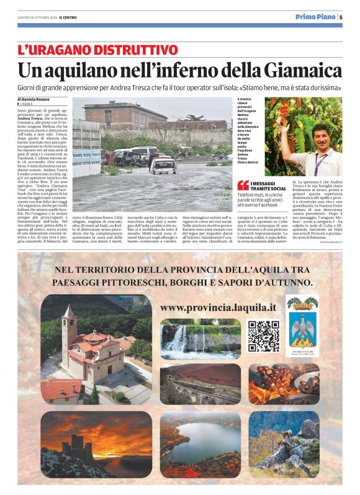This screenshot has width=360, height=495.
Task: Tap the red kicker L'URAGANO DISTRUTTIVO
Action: (x=97, y=50)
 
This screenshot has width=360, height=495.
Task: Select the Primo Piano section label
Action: (x=315, y=17)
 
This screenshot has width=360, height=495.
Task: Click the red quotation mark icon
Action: (x=243, y=185)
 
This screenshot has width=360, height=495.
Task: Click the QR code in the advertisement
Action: (x=264, y=336)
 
